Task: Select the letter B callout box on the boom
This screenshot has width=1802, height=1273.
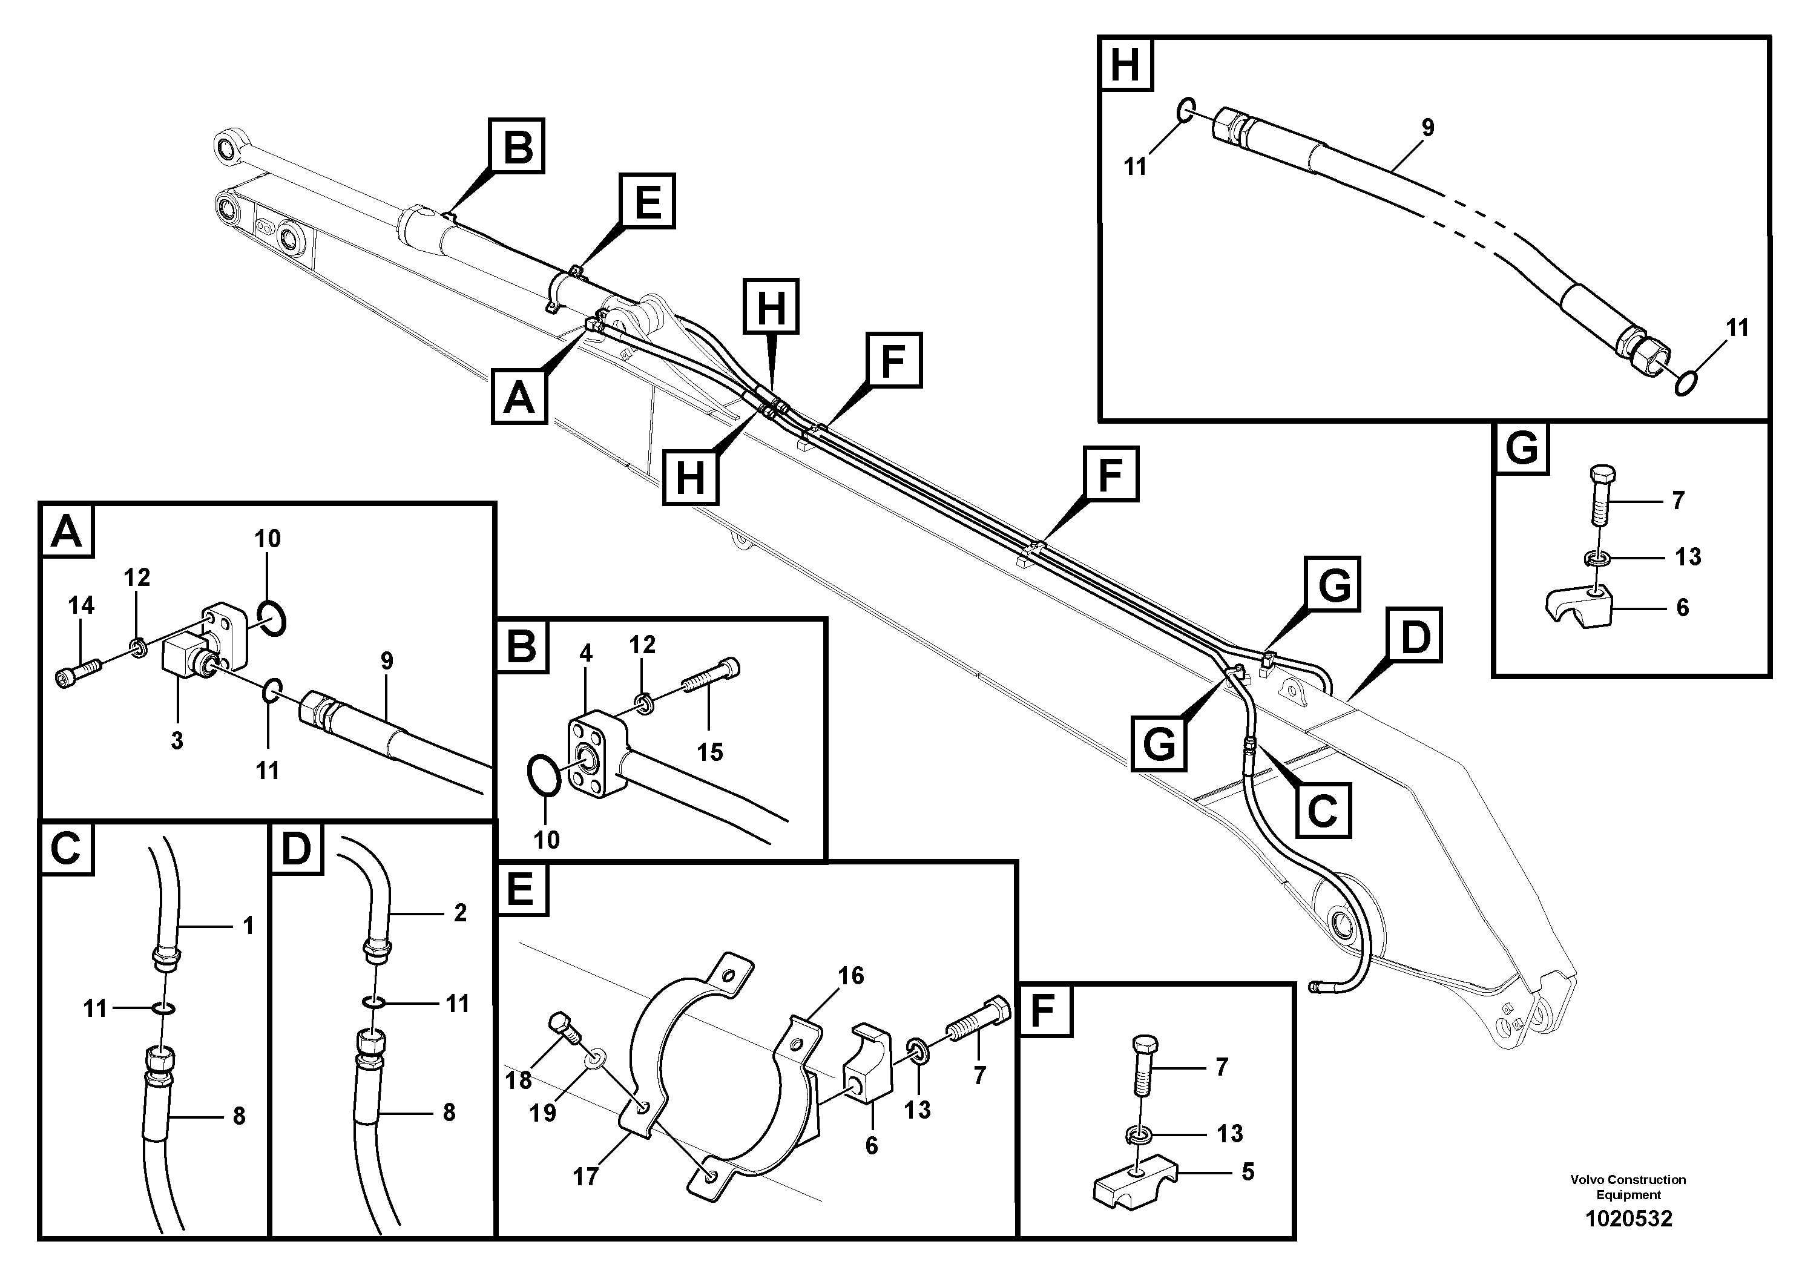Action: tap(516, 145)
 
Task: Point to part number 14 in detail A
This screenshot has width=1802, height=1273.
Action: tap(81, 605)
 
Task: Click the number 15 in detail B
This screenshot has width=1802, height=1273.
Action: tap(709, 752)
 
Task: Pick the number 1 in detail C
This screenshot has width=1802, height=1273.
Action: tap(248, 926)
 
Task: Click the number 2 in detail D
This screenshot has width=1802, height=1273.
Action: tap(460, 912)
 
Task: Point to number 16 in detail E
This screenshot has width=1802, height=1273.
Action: tap(851, 976)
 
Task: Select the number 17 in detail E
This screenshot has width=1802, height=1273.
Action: tap(585, 1177)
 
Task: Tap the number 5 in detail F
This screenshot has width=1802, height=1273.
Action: tap(1248, 1172)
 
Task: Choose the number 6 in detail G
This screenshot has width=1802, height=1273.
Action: tap(1682, 608)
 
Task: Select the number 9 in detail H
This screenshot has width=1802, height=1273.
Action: tap(1428, 127)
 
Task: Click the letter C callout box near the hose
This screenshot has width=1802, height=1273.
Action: tap(1323, 809)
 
